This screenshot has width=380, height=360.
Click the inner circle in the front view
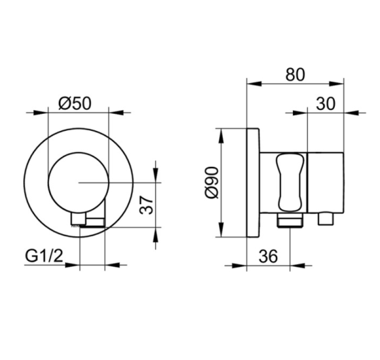point(78,181)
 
